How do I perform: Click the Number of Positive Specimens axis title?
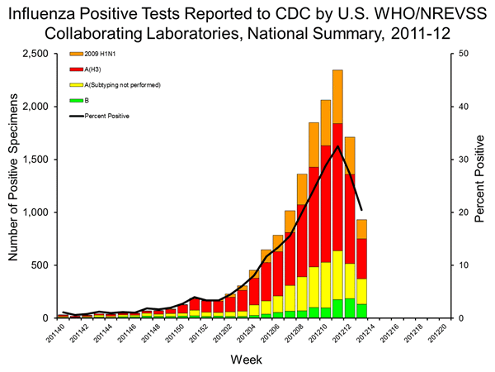coord(15,186)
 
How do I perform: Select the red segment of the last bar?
coord(362,258)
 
